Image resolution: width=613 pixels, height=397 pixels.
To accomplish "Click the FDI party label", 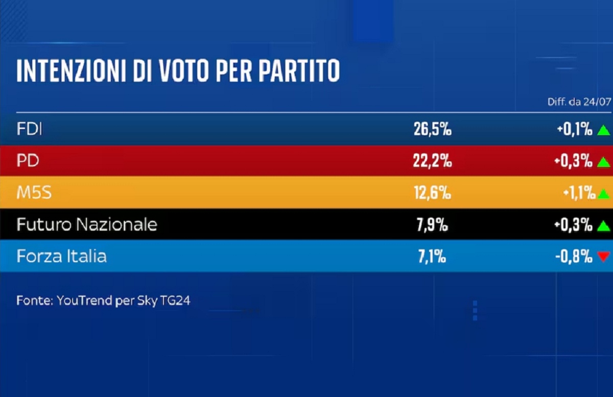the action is pyautogui.click(x=29, y=129).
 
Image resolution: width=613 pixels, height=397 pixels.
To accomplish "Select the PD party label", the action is pyautogui.click(x=28, y=161).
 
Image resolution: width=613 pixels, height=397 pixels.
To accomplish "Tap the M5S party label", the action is pyautogui.click(x=34, y=192).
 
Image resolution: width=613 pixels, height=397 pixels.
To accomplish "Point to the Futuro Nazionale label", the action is pyautogui.click(x=87, y=225).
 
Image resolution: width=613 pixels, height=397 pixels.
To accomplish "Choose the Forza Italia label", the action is pyautogui.click(x=62, y=256).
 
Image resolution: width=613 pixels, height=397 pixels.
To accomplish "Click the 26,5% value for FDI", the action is pyautogui.click(x=432, y=129).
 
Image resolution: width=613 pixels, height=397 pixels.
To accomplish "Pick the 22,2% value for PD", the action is pyautogui.click(x=432, y=161).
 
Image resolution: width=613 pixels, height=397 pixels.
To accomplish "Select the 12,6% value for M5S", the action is pyautogui.click(x=432, y=193).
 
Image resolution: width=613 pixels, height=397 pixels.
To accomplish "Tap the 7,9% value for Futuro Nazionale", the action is pyautogui.click(x=432, y=225).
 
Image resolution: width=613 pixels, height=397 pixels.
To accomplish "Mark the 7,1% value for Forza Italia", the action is pyautogui.click(x=432, y=257).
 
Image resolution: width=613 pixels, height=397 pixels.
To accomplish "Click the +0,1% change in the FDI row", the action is pyautogui.click(x=575, y=129).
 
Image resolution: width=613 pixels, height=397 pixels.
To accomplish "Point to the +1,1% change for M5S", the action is pyautogui.click(x=579, y=193).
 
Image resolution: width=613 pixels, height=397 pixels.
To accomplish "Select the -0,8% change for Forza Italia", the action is pyautogui.click(x=574, y=257).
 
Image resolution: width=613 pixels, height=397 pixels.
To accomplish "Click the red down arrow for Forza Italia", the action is pyautogui.click(x=604, y=257).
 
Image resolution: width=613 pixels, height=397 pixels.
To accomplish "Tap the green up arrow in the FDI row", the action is pyautogui.click(x=603, y=130).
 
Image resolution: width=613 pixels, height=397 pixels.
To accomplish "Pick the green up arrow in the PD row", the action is pyautogui.click(x=603, y=162).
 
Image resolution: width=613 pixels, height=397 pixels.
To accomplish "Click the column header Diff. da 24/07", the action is pyautogui.click(x=579, y=102).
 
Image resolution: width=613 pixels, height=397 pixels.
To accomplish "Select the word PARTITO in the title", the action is pyautogui.click(x=299, y=70).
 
